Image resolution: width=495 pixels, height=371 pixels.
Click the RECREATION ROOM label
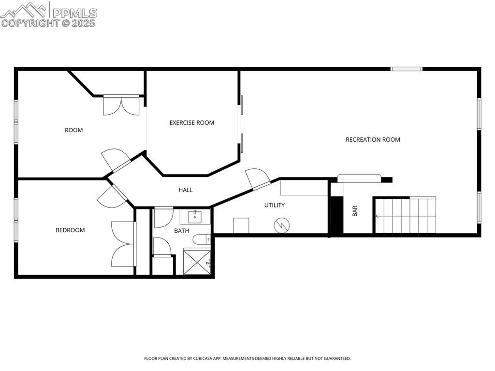(373, 140)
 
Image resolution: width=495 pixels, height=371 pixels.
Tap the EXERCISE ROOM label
(191, 123)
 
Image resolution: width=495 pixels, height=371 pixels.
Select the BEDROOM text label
(70, 230)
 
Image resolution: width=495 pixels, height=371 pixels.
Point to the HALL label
(186, 190)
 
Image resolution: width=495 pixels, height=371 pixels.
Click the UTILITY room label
(274, 205)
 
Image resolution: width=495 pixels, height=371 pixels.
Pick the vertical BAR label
(355, 211)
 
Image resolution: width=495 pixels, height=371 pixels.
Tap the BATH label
(182, 231)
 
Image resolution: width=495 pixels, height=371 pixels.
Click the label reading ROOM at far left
(74, 130)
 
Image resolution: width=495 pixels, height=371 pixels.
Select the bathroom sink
(195, 216)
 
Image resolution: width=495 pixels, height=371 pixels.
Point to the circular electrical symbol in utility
(281, 225)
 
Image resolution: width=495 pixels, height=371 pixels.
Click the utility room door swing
(258, 178)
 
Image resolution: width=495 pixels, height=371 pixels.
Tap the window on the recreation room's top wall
(406, 69)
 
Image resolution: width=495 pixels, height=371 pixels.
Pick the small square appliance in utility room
(241, 225)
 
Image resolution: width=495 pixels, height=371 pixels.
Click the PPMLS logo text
(74, 13)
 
